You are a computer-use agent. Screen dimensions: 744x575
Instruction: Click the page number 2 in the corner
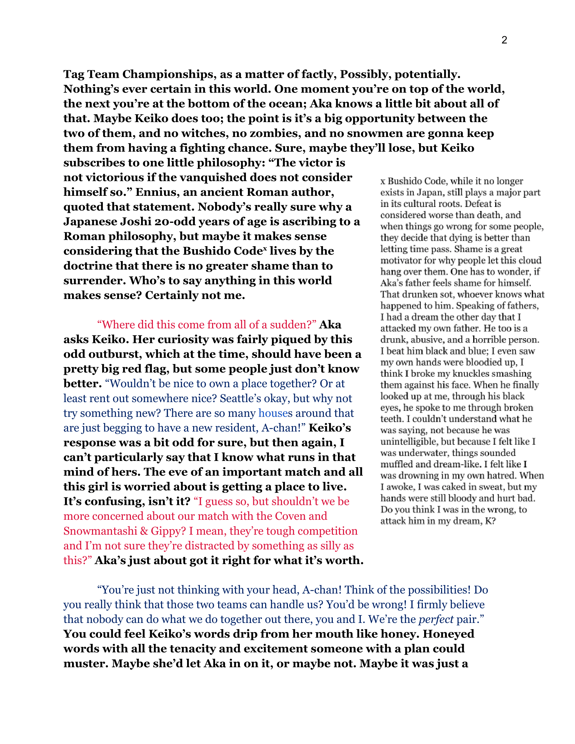504,40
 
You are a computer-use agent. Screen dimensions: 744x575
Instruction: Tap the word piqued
284,340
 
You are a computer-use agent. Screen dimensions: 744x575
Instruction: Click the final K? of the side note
490,521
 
